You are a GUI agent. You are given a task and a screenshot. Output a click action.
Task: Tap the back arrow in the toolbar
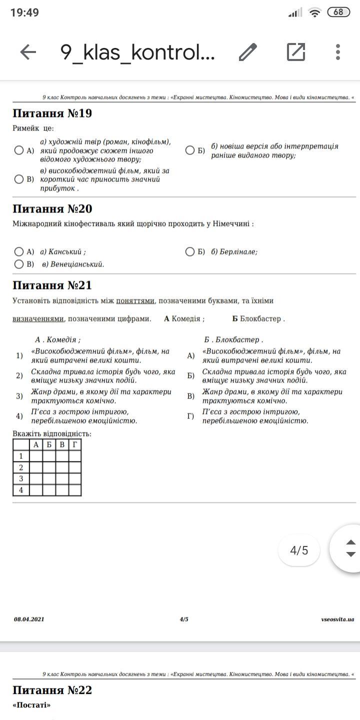pyautogui.click(x=28, y=52)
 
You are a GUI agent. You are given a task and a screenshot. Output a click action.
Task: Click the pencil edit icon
pyautogui.click(x=247, y=52)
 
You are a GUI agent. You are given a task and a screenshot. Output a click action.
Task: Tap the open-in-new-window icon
pyautogui.click(x=296, y=52)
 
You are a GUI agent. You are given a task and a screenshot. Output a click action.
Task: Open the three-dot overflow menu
pyautogui.click(x=338, y=52)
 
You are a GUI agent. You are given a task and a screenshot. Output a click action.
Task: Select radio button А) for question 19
pyautogui.click(x=19, y=150)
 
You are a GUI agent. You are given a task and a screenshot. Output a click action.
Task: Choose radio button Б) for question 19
pyautogui.click(x=190, y=150)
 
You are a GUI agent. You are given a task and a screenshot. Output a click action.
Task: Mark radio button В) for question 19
pyautogui.click(x=19, y=179)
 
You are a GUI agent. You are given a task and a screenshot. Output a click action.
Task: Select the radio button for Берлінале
pyautogui.click(x=190, y=251)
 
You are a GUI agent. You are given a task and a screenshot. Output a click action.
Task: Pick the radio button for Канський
pyautogui.click(x=19, y=251)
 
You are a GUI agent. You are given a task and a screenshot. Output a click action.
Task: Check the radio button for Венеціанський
pyautogui.click(x=19, y=264)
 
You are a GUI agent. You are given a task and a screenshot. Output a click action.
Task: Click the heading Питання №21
pyautogui.click(x=52, y=285)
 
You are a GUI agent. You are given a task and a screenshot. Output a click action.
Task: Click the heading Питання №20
pyautogui.click(x=52, y=208)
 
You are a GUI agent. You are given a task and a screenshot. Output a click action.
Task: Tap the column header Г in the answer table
pyautogui.click(x=75, y=444)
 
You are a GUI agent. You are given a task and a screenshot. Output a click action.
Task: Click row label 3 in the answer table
pyautogui.click(x=21, y=478)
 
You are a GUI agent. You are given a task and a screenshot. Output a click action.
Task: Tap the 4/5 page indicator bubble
pyautogui.click(x=299, y=550)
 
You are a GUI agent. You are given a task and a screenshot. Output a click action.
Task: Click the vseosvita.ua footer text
pyautogui.click(x=337, y=619)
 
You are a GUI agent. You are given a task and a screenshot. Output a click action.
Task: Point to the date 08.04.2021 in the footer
pyautogui.click(x=29, y=619)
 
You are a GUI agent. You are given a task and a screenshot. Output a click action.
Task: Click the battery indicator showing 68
pyautogui.click(x=338, y=12)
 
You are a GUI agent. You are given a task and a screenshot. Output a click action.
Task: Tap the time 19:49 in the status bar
pyautogui.click(x=24, y=12)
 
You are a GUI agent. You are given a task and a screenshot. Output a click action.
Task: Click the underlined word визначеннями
pyautogui.click(x=38, y=318)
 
